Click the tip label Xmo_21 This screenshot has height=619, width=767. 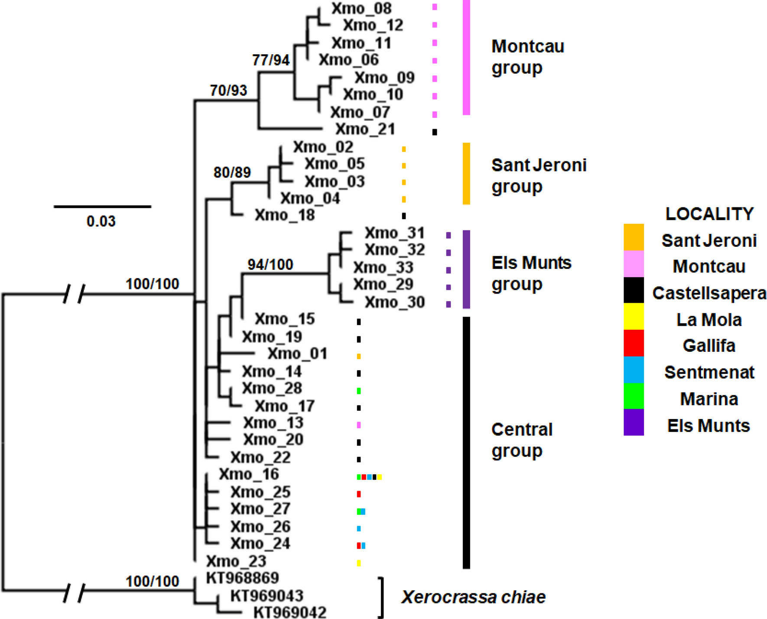[x=365, y=129]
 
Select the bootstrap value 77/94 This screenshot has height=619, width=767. [x=271, y=60]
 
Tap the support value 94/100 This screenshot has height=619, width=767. [x=270, y=264]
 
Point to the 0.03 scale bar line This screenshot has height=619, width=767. [x=102, y=206]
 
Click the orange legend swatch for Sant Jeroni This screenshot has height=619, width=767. [x=633, y=237]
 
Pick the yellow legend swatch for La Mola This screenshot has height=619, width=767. [x=633, y=316]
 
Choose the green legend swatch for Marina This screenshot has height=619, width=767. [x=633, y=396]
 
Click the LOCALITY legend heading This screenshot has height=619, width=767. [x=709, y=214]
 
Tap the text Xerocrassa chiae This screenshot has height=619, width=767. [x=473, y=597]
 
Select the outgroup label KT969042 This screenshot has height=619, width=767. [x=289, y=612]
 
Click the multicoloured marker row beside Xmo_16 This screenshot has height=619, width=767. [x=369, y=477]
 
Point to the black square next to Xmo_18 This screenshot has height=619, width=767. [x=403, y=216]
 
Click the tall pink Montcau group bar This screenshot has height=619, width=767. [x=466, y=57]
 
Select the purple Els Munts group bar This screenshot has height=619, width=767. [x=466, y=269]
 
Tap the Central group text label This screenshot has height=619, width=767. [x=522, y=440]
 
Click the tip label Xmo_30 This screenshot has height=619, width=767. [x=394, y=302]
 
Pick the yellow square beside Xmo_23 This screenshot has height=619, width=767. [x=358, y=563]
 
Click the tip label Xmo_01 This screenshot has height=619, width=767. [x=297, y=354]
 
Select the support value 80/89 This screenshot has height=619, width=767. [x=232, y=173]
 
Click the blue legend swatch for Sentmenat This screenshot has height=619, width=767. [x=633, y=370]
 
